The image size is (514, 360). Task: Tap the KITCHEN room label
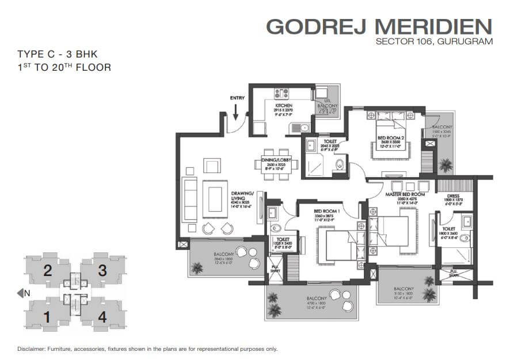click(283, 106)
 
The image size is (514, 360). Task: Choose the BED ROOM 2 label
click(390, 137)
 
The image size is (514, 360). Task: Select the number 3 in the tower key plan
click(102, 270)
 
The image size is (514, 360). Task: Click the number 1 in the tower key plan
click(48, 316)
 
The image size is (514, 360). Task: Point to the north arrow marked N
click(23, 293)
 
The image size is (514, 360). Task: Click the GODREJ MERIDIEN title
click(380, 26)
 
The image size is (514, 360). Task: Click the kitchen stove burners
click(283, 93)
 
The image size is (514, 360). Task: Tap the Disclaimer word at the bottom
click(33, 348)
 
